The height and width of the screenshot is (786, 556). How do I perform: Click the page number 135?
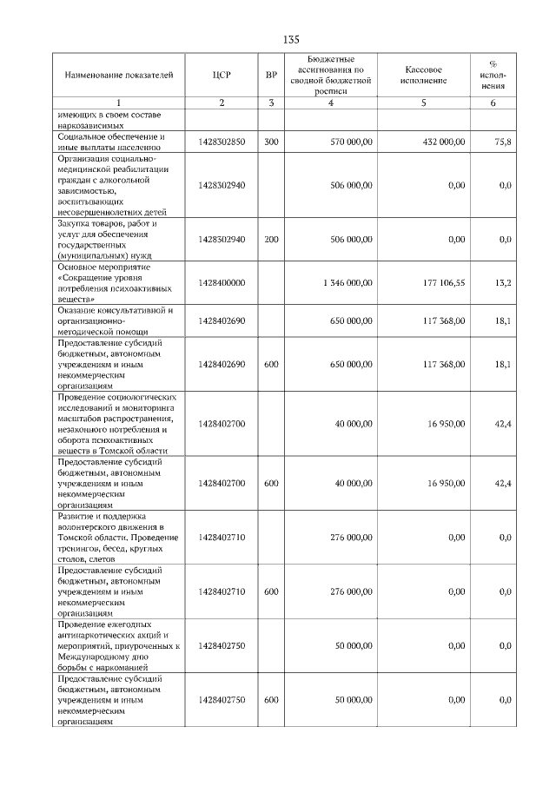(x=291, y=40)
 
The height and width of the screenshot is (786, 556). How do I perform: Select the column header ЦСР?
(x=222, y=76)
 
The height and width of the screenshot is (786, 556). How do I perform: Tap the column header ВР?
(x=271, y=76)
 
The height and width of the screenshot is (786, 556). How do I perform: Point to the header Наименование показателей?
(x=113, y=76)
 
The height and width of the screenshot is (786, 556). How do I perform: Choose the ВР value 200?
(x=271, y=239)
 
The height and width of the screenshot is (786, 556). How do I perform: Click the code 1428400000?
(x=222, y=282)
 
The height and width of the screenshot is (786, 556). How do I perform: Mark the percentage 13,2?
(x=503, y=282)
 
